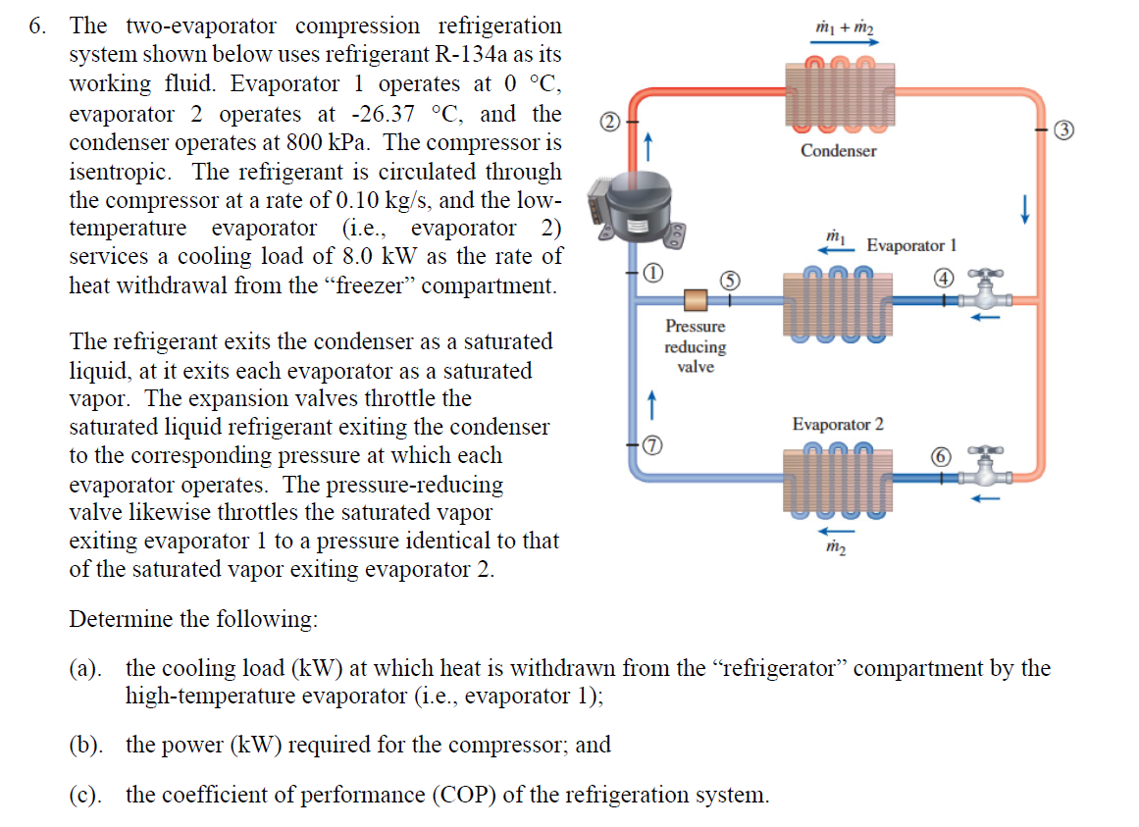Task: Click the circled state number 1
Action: point(651,273)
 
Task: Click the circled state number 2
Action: point(608,123)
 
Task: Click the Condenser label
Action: point(838,151)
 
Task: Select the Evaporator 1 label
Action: point(911,245)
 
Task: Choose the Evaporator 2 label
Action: point(838,424)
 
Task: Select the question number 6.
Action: point(36,26)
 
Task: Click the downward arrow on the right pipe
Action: point(1025,208)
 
